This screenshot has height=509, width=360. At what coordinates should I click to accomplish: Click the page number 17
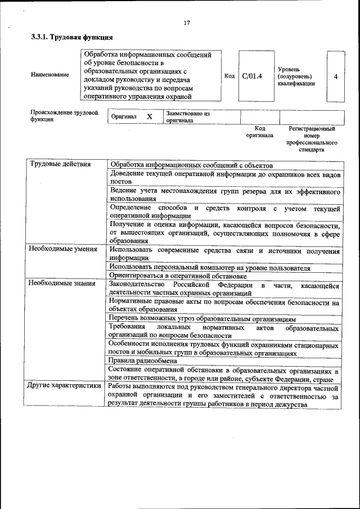[187, 22]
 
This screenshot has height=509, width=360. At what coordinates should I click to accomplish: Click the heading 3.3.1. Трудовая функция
[72, 38]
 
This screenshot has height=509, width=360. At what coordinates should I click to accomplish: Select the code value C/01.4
[252, 76]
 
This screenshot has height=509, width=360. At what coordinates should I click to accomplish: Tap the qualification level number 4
[335, 76]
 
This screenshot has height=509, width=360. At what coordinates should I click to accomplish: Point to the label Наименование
[50, 74]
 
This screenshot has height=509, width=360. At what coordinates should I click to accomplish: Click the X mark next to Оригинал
[149, 116]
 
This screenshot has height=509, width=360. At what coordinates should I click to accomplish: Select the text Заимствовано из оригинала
[187, 116]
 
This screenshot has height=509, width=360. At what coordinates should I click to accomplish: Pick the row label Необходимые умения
[63, 249]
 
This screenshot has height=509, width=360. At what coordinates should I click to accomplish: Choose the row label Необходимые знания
[62, 283]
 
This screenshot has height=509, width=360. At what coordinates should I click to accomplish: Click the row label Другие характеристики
[65, 385]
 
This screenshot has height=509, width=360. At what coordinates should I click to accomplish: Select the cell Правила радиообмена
[139, 361]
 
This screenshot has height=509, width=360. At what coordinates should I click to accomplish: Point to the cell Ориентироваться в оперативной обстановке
[178, 276]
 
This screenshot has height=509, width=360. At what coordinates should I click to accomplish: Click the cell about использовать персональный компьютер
[210, 267]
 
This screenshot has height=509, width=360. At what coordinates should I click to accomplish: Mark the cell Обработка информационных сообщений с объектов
[191, 166]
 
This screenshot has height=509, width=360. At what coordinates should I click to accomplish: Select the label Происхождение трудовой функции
[64, 116]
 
